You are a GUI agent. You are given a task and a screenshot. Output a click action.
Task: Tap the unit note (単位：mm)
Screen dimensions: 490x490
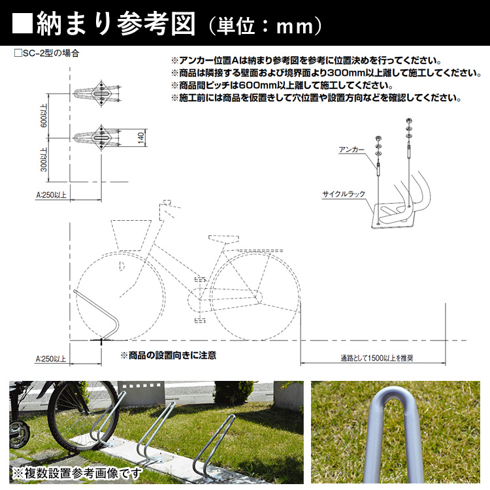[x=265, y=25]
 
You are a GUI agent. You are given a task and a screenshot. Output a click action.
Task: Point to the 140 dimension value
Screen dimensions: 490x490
[x=140, y=138]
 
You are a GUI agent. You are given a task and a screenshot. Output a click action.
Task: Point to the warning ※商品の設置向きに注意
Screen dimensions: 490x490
[x=168, y=355]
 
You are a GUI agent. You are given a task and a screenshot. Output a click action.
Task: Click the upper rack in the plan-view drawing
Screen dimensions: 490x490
[x=98, y=95]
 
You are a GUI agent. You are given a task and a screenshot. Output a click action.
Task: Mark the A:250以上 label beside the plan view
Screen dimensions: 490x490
[x=52, y=194]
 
